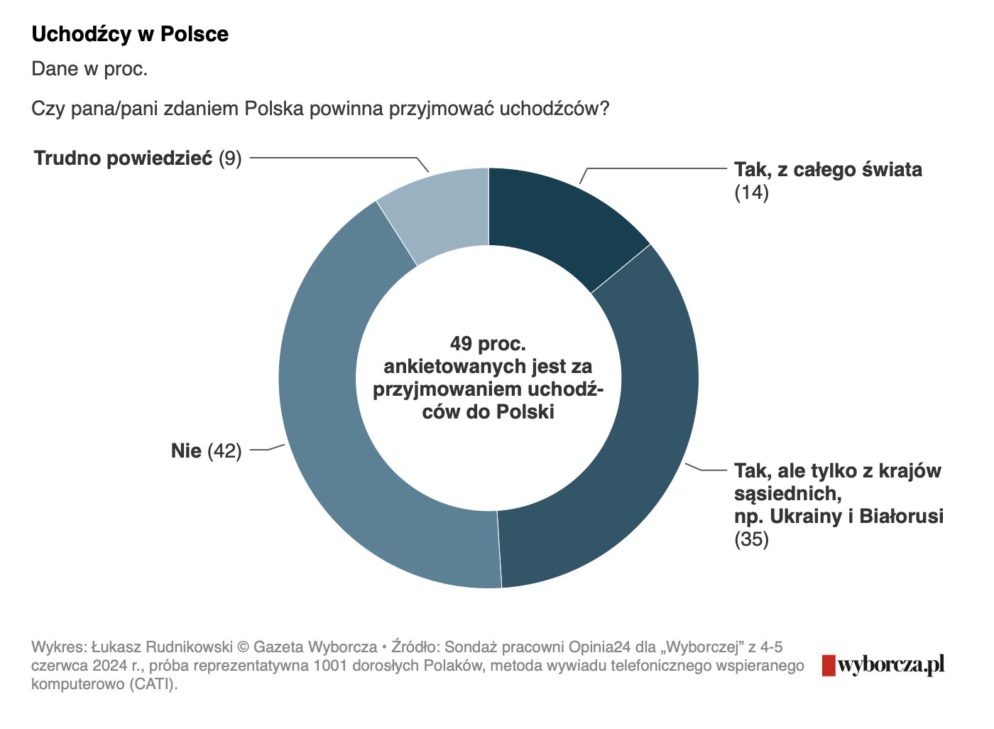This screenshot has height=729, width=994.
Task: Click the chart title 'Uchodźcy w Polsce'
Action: pos(130,34)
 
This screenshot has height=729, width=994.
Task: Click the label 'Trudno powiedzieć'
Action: pos(123,158)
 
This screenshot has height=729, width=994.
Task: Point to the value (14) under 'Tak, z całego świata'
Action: pos(751,192)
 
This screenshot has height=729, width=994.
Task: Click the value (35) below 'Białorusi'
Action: pos(751,539)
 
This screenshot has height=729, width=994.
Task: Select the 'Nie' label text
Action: pos(186,450)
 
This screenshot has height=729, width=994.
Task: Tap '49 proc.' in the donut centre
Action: pos(488,344)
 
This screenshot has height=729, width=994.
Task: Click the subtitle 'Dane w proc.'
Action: pos(89,69)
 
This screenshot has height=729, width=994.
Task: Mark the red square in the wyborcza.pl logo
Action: pos(828,665)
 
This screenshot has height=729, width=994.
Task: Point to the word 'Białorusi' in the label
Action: pos(901,516)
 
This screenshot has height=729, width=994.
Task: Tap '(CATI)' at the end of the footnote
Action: pos(151,684)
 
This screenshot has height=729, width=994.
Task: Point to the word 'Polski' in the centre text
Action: pos(525,411)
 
